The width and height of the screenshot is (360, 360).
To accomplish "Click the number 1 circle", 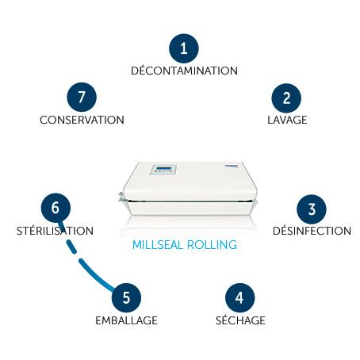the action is point(184,48).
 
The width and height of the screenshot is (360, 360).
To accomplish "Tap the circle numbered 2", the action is point(286,98).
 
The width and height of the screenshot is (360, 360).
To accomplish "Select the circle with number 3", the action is point(312,209).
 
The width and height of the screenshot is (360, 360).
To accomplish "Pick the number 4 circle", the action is point(239,297).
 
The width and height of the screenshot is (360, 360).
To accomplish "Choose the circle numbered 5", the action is point(126,297).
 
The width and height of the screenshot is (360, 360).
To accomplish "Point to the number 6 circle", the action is point(56,208).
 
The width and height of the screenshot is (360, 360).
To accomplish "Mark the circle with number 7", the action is point(82,97).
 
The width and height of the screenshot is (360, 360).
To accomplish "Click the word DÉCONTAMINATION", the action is point(184,71).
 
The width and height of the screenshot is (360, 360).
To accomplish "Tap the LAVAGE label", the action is point(287,120).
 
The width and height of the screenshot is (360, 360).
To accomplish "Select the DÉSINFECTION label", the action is point(312,230).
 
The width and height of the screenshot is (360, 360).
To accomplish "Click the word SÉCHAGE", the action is point(240,320).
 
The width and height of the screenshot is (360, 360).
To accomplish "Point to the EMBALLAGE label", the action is point(126,320).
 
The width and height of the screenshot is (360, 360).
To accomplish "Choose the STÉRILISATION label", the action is point(55,230).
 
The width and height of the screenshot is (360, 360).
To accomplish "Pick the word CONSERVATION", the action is point(82,120).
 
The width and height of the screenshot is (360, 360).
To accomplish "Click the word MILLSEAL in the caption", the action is point(158,245).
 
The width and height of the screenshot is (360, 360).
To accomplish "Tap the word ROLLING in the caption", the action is point(212,245).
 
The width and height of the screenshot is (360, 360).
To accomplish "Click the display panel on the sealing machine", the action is point(163,170).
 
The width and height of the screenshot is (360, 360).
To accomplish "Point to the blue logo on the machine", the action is point(232,167).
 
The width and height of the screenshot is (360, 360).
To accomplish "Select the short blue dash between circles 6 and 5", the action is point(71,247).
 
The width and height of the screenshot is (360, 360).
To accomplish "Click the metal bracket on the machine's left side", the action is point(122,197).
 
